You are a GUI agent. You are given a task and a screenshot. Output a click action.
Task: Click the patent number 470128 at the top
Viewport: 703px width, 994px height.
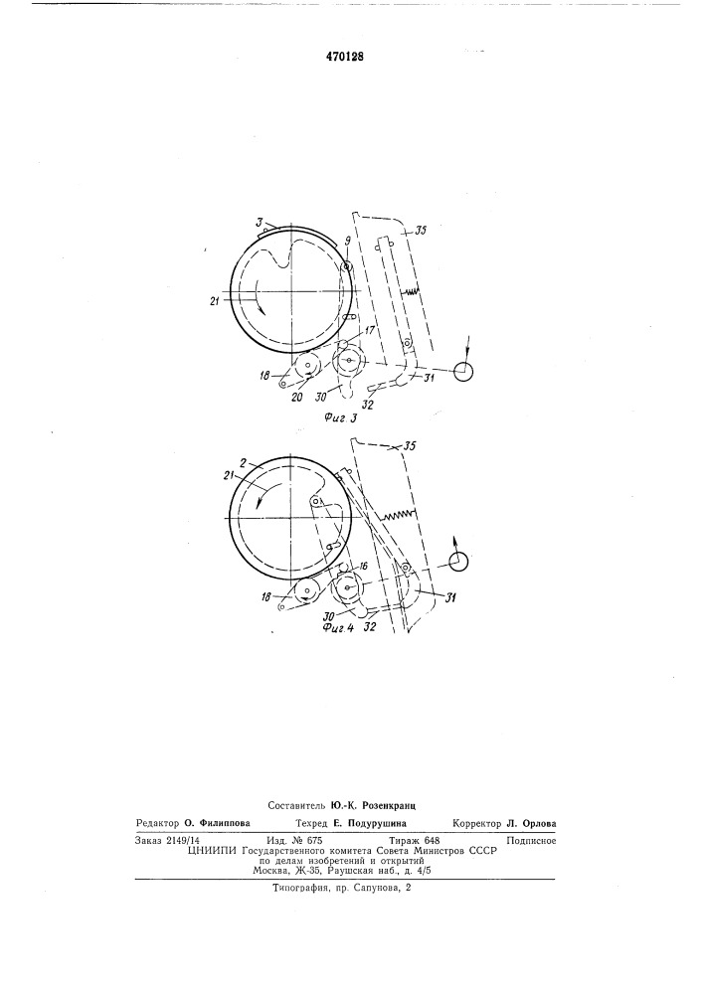pos(345,57)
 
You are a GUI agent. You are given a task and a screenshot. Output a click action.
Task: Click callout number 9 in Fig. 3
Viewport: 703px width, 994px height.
pos(347,241)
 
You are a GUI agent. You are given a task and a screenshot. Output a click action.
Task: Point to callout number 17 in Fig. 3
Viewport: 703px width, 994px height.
pos(369,330)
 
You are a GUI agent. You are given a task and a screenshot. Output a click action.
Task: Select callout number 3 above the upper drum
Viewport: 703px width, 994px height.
pos(260,222)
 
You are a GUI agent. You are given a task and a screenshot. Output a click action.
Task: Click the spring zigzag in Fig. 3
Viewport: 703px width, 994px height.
pos(412,291)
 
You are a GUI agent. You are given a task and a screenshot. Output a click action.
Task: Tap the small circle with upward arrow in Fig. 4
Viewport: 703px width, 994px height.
pos(457,561)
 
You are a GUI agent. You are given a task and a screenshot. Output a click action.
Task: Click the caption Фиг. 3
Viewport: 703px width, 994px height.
pos(340,417)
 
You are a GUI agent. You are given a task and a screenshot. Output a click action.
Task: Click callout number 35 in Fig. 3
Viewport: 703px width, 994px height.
pos(421,232)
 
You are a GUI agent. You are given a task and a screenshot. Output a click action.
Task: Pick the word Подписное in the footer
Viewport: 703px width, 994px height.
pos(531,841)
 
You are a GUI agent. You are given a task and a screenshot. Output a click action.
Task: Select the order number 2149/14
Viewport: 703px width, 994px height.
pos(183,841)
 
